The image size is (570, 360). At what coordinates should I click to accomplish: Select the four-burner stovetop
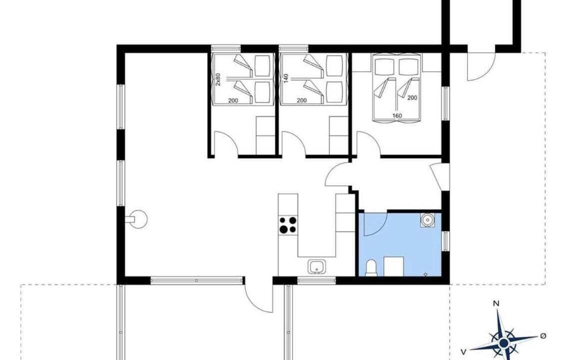click(x=288, y=224)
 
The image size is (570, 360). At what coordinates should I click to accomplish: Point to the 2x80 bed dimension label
click(x=217, y=79)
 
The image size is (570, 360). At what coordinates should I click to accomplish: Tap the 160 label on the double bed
click(x=397, y=115)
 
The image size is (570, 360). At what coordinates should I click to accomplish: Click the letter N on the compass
click(x=496, y=303)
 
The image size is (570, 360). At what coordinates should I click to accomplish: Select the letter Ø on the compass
click(x=543, y=335)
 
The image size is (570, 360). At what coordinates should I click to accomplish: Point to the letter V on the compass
click(x=463, y=351)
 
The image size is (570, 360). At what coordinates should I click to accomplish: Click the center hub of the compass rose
click(x=503, y=342)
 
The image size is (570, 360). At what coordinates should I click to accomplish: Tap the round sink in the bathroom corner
click(x=427, y=219)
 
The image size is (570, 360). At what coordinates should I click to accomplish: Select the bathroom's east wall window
click(x=445, y=241)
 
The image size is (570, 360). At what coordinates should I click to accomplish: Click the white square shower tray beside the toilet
click(x=394, y=266)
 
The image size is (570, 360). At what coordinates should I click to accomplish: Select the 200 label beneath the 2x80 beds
click(x=233, y=100)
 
